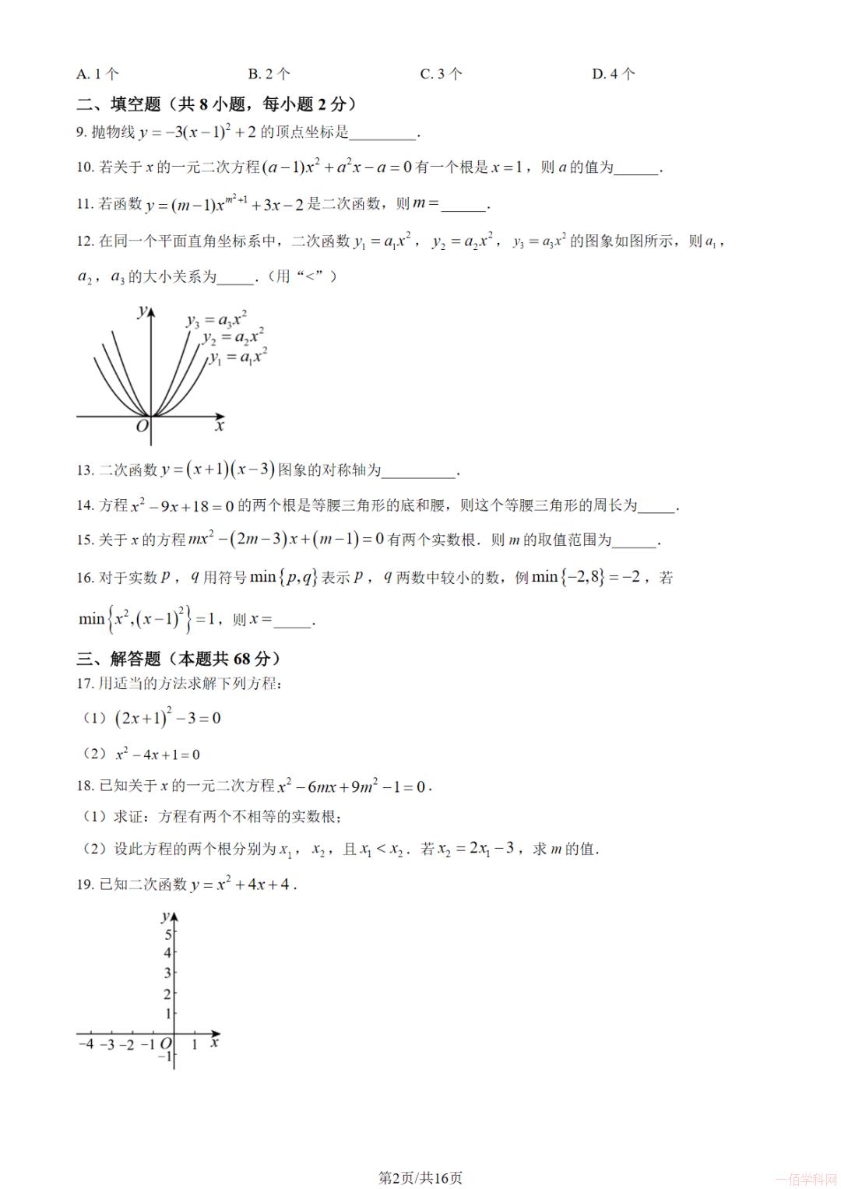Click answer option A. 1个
point(97,74)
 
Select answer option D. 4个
point(613,74)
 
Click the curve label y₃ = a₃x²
point(216,318)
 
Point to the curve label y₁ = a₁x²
point(238,357)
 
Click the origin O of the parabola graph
point(142,426)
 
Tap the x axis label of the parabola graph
point(220,426)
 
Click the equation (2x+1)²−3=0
point(167,718)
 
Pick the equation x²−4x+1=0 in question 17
point(157,754)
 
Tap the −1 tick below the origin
point(164,1057)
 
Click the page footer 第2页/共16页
point(420,1177)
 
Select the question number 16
point(85,578)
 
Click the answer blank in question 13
point(419,470)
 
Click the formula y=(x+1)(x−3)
point(218,470)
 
